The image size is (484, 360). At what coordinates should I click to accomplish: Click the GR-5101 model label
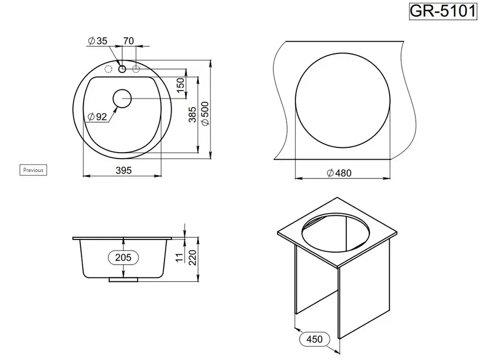point(443,11)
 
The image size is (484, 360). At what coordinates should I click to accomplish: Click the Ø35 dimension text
point(98,41)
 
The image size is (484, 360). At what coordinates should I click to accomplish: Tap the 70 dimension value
point(129,41)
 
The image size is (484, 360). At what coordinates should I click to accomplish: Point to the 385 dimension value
point(192,115)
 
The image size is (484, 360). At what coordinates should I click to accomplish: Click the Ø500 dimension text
point(205,114)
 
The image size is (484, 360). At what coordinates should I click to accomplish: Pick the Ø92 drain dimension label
point(97,117)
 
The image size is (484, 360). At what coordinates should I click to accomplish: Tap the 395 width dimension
point(123,170)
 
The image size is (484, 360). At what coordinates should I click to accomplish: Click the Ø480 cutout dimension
point(339,173)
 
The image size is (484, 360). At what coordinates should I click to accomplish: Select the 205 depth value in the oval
point(123,257)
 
